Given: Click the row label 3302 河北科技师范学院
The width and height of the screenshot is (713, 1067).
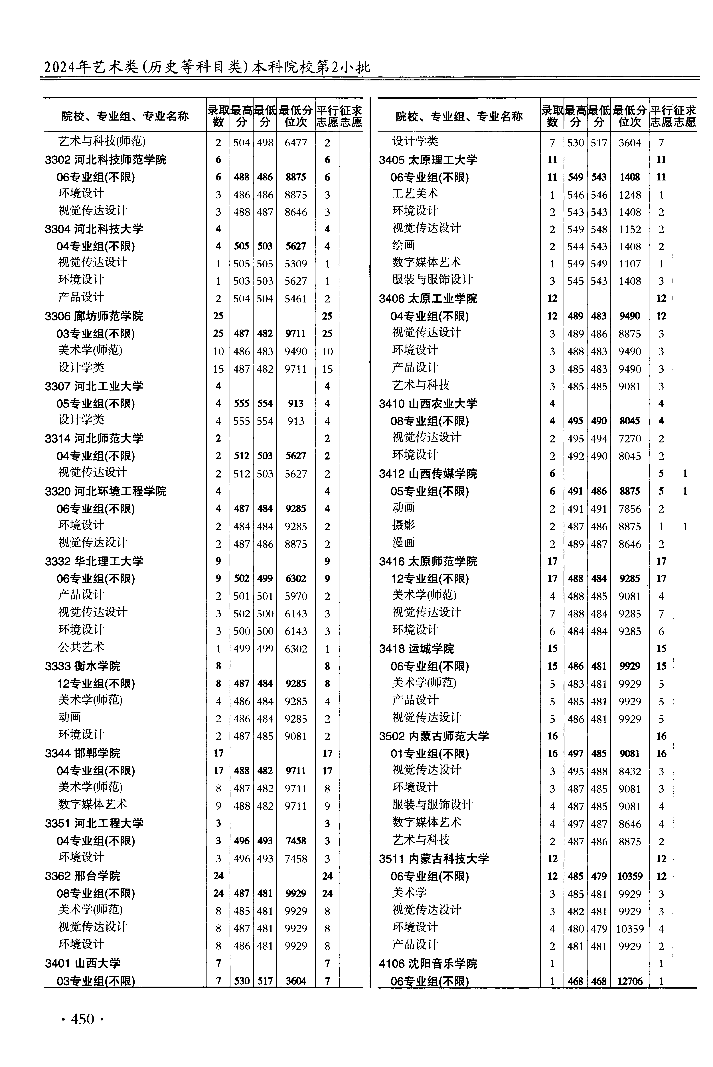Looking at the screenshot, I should coord(106,160).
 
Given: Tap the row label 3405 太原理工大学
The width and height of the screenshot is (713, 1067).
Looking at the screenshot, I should coord(428,160).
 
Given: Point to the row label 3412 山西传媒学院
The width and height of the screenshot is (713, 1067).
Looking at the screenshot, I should coord(428,474).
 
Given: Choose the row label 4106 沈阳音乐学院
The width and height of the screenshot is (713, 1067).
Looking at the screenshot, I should coord(428,963).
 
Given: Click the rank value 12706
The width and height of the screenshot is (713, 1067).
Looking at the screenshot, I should coord(630,981).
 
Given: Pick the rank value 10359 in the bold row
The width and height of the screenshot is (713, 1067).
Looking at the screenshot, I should coord(630,876).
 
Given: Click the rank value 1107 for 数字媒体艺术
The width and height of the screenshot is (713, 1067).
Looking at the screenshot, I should coord(630,264).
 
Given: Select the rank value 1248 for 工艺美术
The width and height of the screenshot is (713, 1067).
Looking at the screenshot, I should coord(630,195).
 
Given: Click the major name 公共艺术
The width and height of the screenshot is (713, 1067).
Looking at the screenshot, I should coord(81,647).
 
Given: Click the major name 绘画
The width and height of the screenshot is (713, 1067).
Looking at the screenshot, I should coord(404,245).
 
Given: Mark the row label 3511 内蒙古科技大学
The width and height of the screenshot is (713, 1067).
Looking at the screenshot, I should coord(434,858).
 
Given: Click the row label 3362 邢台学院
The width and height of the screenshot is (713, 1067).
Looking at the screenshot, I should coord(82,876).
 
